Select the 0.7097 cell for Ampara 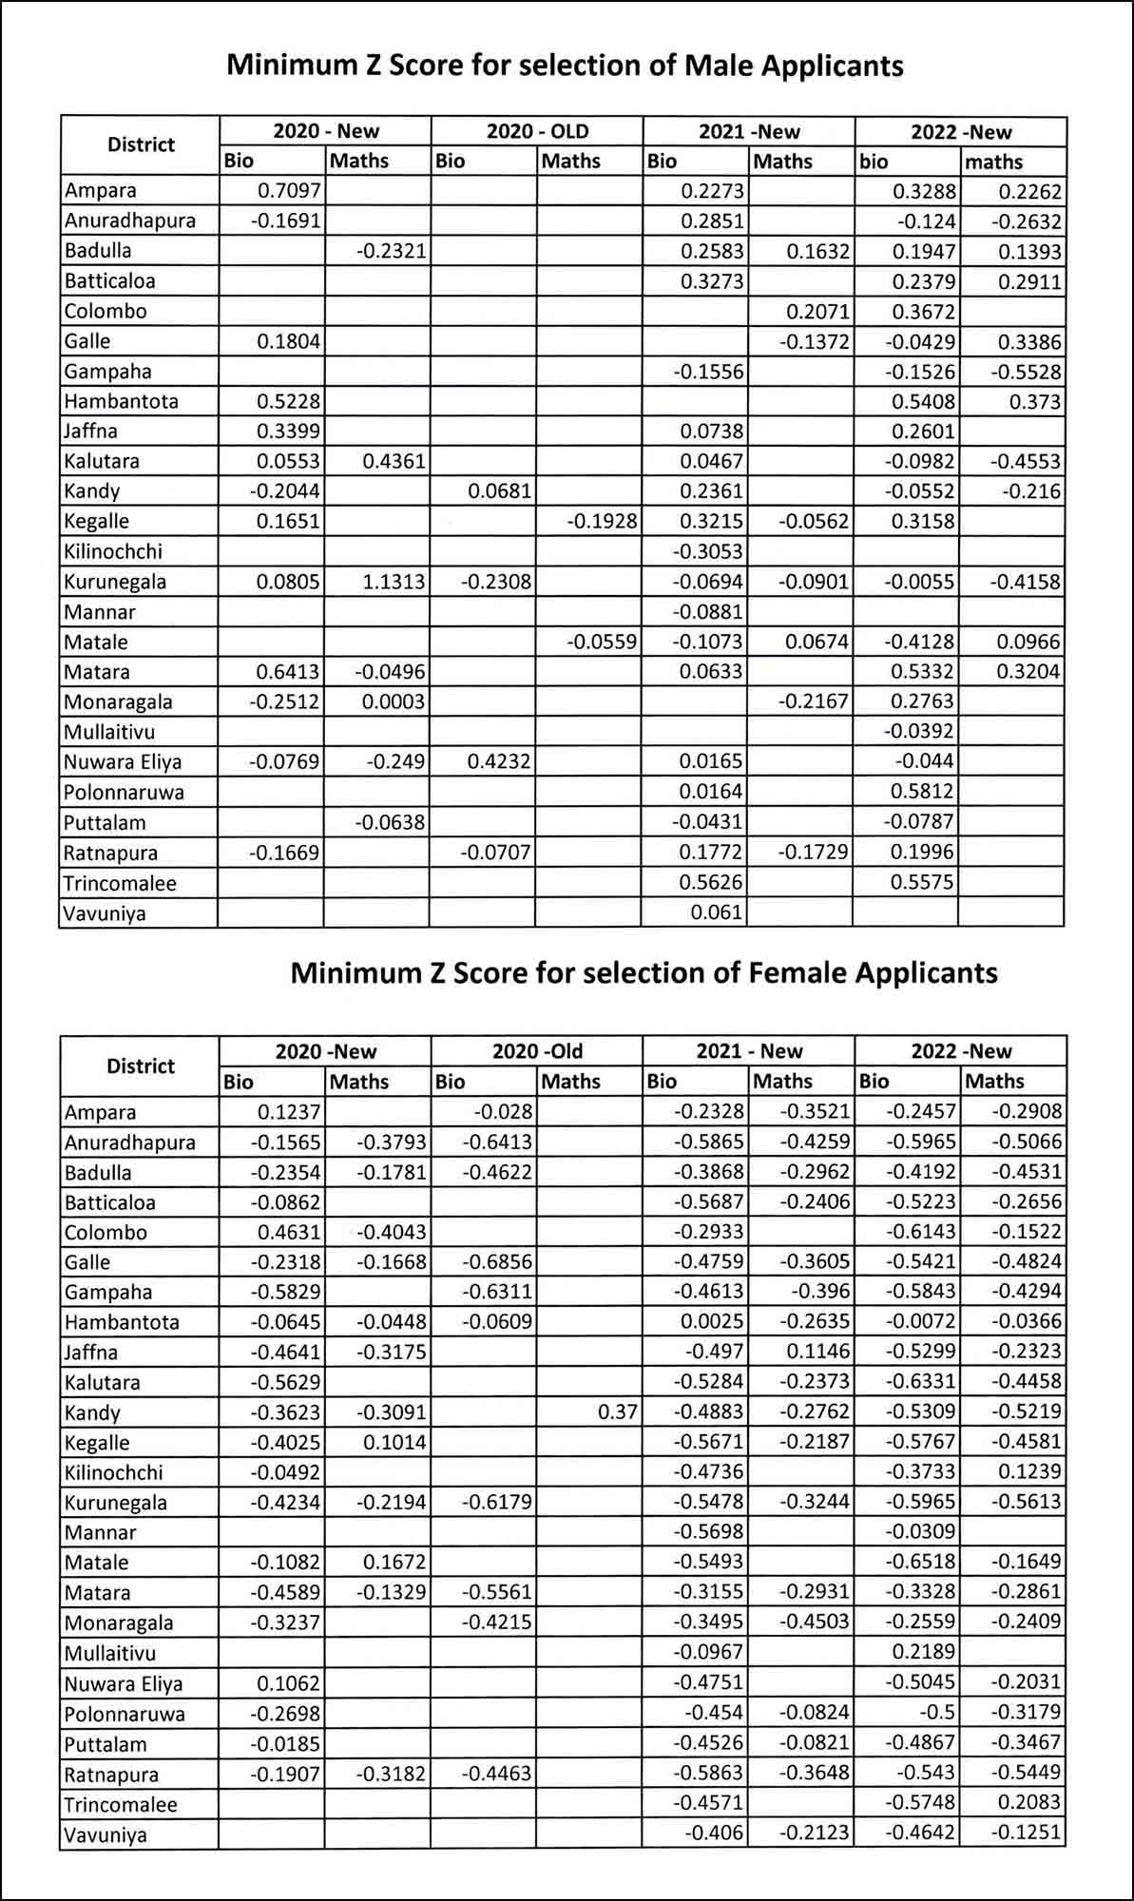(x=289, y=191)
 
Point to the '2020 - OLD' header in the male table (x=537, y=131)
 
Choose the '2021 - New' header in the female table (x=749, y=1051)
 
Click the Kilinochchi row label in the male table (x=113, y=551)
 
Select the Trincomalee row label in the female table (x=120, y=1804)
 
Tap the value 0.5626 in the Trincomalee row (x=712, y=882)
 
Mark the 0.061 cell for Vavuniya (x=717, y=912)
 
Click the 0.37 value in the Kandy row (x=618, y=1411)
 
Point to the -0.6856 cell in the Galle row (x=497, y=1262)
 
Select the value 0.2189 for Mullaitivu (x=923, y=1652)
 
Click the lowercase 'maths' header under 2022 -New (x=994, y=162)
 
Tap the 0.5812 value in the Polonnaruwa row (x=922, y=792)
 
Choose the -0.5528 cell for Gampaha (x=1026, y=372)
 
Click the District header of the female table (x=141, y=1066)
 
